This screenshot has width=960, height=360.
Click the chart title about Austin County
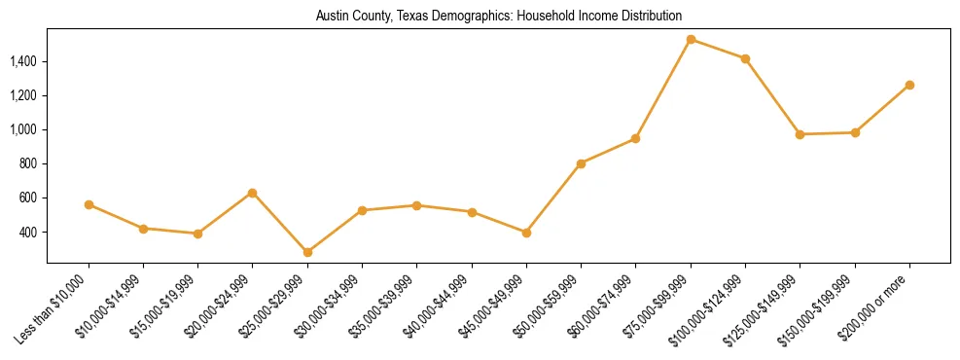click(x=498, y=17)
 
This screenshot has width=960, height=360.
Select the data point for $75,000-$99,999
click(x=691, y=40)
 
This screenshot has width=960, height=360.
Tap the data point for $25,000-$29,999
click(x=307, y=252)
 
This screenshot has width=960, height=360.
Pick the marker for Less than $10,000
click(x=89, y=204)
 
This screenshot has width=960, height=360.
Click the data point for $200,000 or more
click(x=909, y=85)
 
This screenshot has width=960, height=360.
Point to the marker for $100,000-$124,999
click(x=745, y=58)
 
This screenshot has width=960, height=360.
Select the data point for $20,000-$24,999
click(x=253, y=193)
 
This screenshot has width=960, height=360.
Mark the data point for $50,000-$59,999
click(x=581, y=163)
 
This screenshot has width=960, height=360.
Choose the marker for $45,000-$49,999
click(x=526, y=233)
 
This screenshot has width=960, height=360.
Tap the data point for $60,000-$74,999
click(x=635, y=138)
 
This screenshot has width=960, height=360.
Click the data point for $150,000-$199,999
click(x=855, y=132)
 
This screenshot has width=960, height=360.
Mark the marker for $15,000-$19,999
click(x=197, y=234)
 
